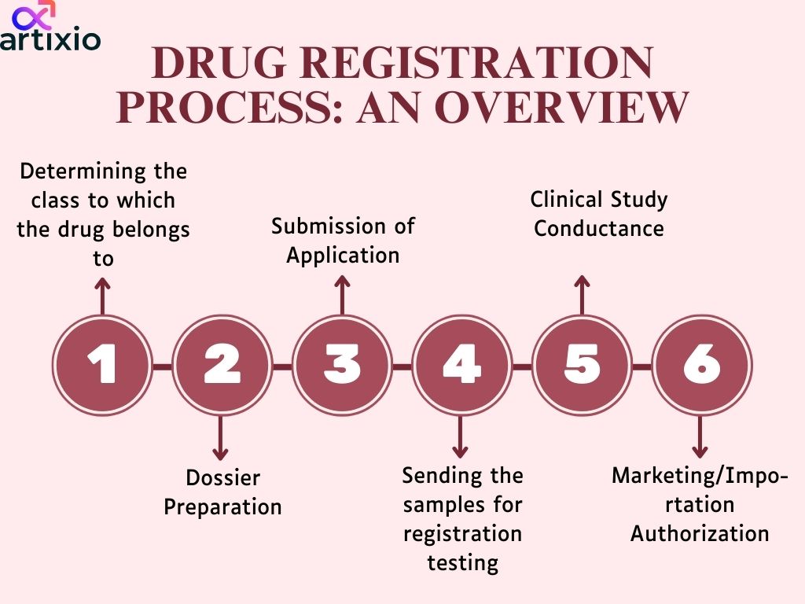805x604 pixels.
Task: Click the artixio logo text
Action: (x=50, y=40)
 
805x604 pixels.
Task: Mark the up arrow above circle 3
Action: (x=341, y=293)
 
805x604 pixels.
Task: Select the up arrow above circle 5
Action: (x=582, y=293)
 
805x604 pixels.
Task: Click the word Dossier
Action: (x=222, y=477)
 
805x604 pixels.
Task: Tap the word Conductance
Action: (x=599, y=228)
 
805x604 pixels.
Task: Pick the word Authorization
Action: (x=700, y=533)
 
